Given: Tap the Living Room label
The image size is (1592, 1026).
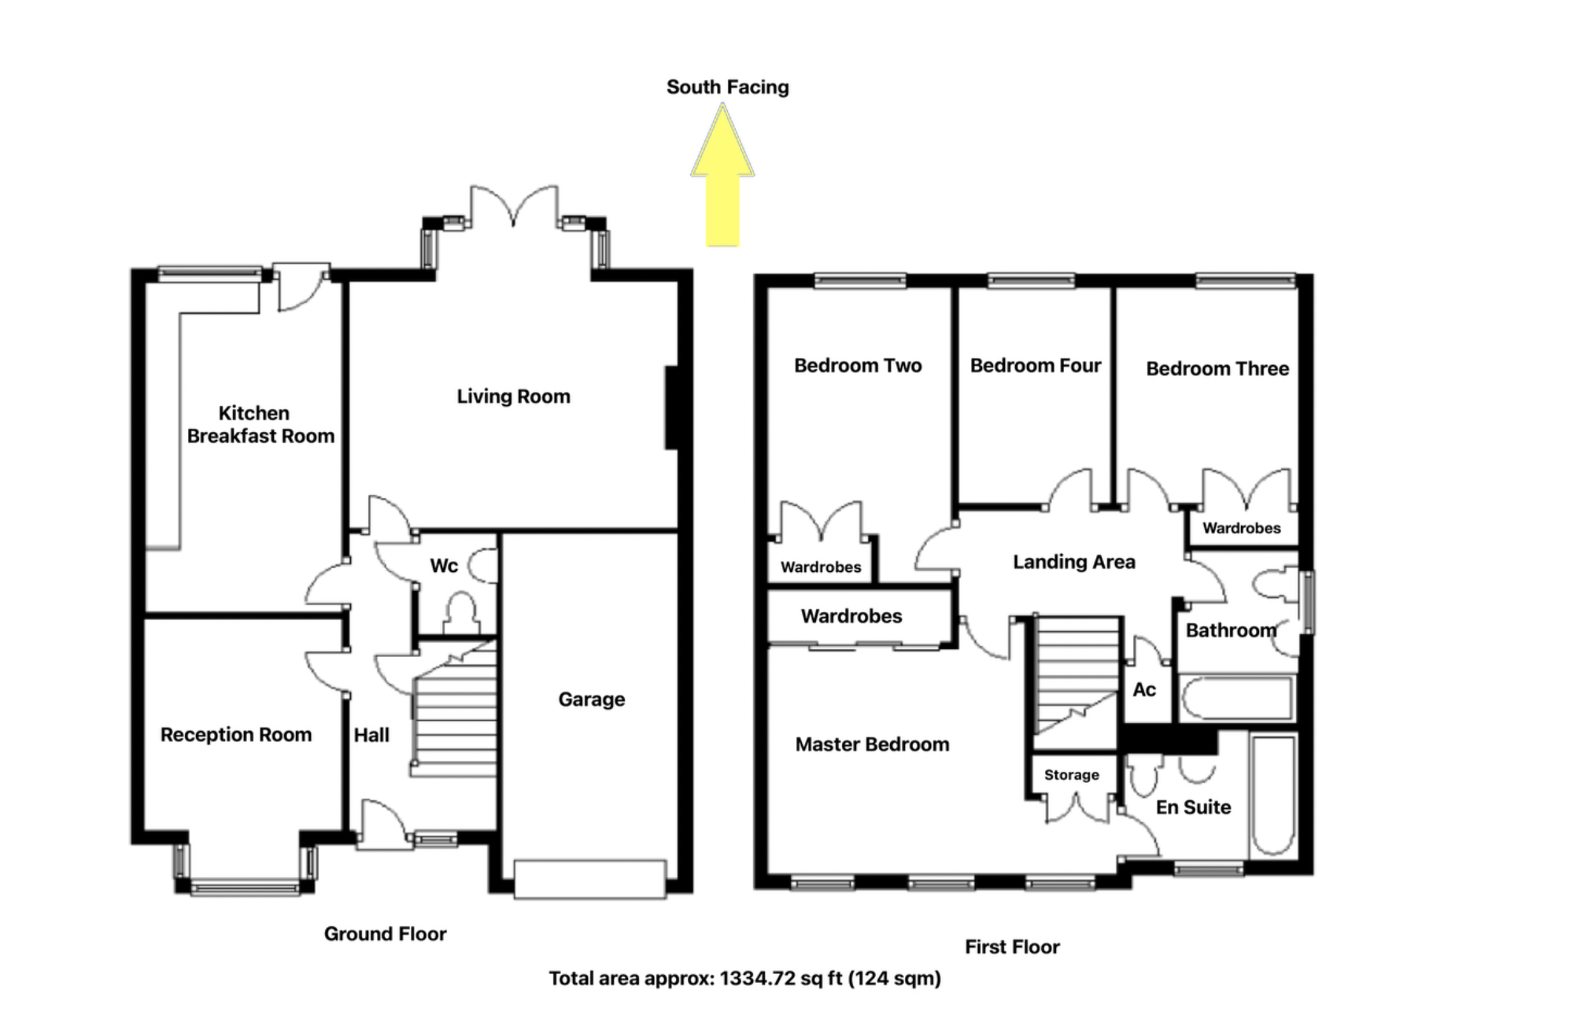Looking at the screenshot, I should tap(513, 397).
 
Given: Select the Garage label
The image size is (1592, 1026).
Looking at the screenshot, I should tap(591, 699).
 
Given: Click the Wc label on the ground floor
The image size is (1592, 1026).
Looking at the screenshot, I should tap(444, 566).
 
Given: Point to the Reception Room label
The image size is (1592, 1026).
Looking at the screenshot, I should tap(236, 735).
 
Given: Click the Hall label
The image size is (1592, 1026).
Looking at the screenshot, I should tap(371, 735).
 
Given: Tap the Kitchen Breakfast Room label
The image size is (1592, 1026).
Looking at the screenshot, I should tap(259, 425).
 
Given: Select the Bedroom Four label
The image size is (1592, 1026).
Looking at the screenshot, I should tap(1035, 366).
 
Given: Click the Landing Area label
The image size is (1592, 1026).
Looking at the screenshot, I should tap(1073, 562).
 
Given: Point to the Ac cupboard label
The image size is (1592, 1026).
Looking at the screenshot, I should tap(1144, 690).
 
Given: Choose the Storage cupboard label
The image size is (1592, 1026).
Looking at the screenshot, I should tap(1071, 775).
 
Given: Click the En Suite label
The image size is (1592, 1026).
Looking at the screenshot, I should tap(1193, 807).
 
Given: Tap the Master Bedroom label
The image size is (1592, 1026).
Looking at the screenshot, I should tap(872, 744).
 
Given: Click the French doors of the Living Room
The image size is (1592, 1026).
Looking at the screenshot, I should tap(514, 206).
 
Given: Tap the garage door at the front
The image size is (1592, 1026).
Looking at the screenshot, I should tap(590, 879).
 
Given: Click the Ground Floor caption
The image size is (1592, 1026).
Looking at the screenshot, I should tap(385, 934).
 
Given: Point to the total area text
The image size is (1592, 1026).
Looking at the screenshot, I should tap(744, 979).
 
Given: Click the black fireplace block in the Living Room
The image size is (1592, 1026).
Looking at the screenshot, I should tap(671, 408).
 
